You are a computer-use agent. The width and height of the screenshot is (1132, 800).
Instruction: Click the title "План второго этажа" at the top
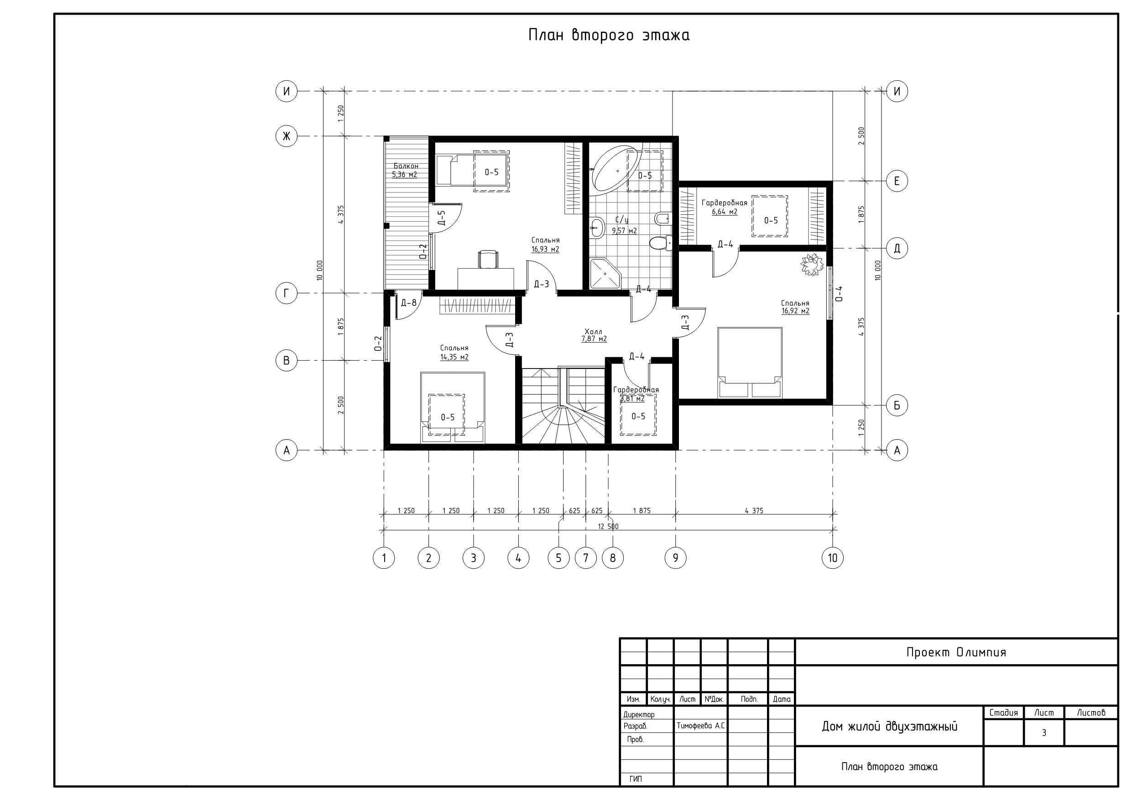coord(609,36)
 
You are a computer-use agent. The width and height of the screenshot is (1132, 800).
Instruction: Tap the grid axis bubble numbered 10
coord(833,558)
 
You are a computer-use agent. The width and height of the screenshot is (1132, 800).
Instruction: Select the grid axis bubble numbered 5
coord(558,558)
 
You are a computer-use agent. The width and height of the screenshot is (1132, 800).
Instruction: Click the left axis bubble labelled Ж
coord(287,136)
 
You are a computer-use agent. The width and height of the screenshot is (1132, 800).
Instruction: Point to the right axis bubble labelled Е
coord(897,181)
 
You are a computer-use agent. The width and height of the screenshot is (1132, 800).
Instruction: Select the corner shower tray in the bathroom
coord(605,274)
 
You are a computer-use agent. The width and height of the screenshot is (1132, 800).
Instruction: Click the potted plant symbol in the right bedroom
coord(812,265)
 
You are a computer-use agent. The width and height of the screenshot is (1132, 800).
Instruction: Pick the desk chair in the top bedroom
coord(488,259)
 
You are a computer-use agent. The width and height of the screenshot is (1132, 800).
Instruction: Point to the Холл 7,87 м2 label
coord(594,335)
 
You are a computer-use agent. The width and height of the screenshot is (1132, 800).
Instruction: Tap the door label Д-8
coord(409,302)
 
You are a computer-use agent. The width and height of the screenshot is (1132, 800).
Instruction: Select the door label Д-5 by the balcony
coord(441,218)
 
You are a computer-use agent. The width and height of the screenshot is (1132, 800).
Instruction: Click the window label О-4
coord(839,293)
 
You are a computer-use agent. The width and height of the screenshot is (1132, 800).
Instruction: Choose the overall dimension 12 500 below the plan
coord(608,526)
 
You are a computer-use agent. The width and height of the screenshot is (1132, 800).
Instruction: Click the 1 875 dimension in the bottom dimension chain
coord(642,511)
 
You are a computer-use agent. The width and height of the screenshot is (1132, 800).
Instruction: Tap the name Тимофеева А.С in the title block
coord(700,726)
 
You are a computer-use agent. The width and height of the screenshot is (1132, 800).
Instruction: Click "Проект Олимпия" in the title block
coord(956,652)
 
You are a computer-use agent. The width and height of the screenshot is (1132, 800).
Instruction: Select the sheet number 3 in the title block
coord(1044,733)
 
